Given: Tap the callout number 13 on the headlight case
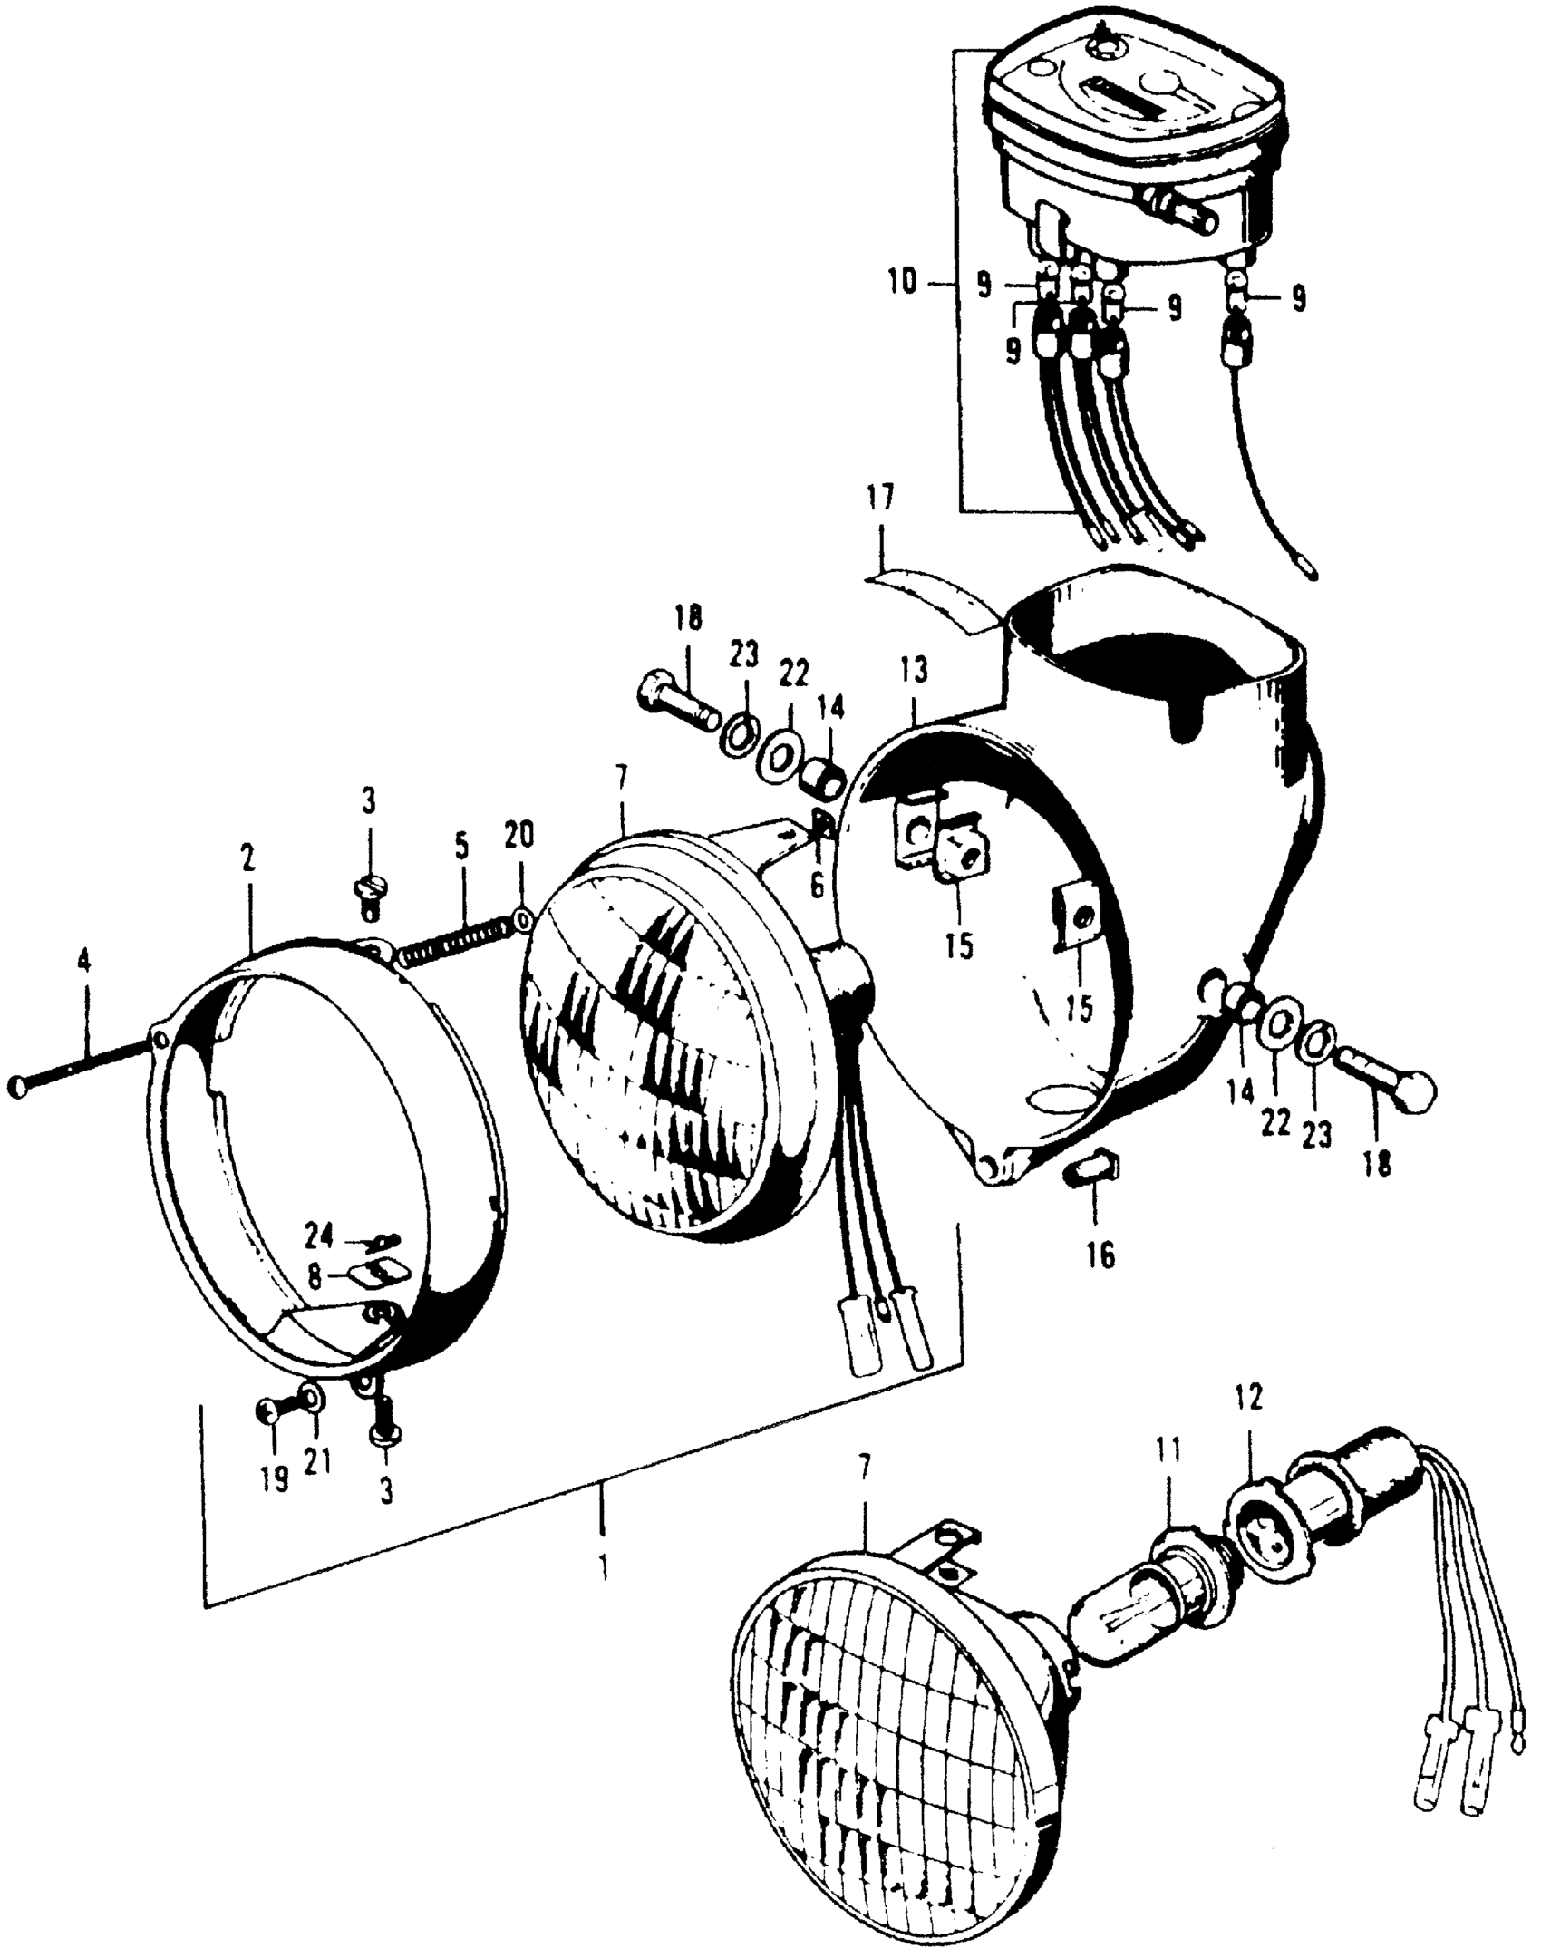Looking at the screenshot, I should [914, 672].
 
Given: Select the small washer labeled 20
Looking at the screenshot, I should [523, 921].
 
